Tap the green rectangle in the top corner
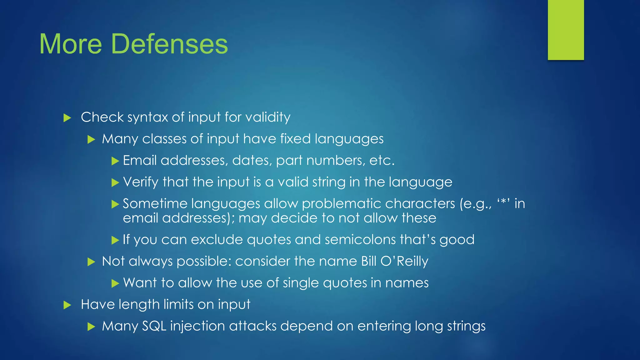566,30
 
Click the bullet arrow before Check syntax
67,118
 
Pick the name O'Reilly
404,261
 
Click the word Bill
368,261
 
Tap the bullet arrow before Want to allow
115,283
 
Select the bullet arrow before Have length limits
67,305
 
